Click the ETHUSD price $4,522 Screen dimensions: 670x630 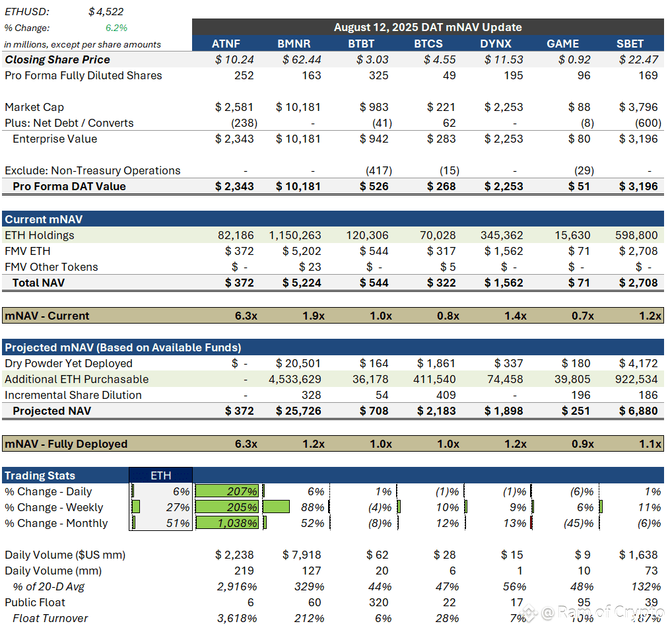click(106, 11)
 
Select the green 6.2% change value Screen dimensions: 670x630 click(116, 28)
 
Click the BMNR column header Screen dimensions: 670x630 click(294, 44)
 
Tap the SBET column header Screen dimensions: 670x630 click(630, 44)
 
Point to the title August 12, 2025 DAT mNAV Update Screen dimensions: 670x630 click(428, 27)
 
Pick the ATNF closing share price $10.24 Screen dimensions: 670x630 click(234, 59)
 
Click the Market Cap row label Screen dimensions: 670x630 click(34, 107)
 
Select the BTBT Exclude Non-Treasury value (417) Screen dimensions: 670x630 click(379, 170)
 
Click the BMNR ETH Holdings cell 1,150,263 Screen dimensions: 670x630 click(295, 235)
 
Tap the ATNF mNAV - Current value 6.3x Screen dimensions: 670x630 click(246, 316)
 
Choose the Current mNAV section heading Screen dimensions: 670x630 click(44, 219)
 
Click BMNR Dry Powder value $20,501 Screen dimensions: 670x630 click(298, 363)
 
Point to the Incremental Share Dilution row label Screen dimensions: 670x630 click(73, 395)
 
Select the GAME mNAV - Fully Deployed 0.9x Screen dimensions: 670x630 click(583, 444)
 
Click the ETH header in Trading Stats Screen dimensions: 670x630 click(160, 475)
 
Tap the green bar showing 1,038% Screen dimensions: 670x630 click(227, 523)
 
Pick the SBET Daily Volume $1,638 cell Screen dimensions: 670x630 click(638, 555)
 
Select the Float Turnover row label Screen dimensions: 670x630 click(50, 618)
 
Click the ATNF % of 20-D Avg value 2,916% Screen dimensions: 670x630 click(237, 586)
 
